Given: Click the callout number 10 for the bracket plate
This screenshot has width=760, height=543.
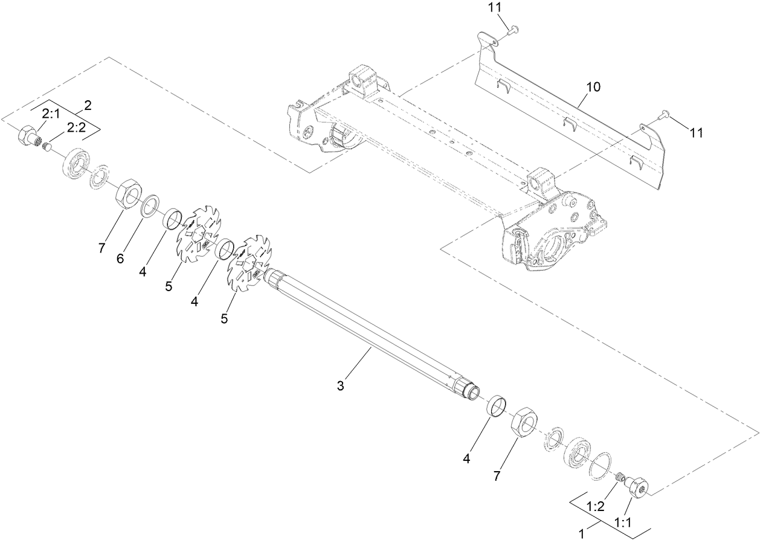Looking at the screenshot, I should [593, 87].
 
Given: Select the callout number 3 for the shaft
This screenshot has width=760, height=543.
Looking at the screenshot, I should [341, 385].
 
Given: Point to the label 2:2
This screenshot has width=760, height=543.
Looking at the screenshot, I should [76, 127].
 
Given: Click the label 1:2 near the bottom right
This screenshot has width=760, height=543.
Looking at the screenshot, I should [596, 506].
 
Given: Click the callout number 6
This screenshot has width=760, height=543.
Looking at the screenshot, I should [120, 259].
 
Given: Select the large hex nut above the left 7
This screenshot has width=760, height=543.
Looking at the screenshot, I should [127, 193].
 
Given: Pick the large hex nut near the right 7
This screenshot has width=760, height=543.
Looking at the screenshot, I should [523, 421].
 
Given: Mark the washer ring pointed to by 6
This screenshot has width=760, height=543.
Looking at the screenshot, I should [150, 205].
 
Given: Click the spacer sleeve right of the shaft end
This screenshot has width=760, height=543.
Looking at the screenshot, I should [497, 405].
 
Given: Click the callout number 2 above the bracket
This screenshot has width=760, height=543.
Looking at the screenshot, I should [88, 105].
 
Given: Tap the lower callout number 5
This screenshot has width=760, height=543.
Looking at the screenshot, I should [224, 318].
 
